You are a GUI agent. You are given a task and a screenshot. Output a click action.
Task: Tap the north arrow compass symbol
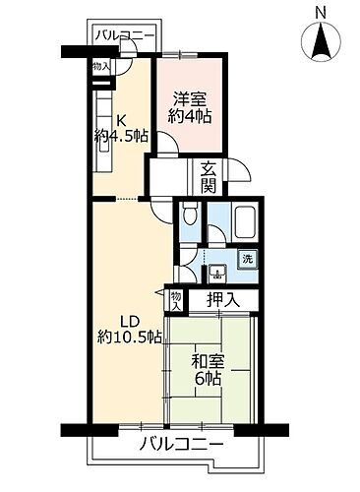pos(321,42)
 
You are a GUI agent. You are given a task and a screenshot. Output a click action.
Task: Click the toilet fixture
pos(192,217)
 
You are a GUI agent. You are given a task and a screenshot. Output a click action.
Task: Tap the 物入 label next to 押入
pos(176,299)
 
